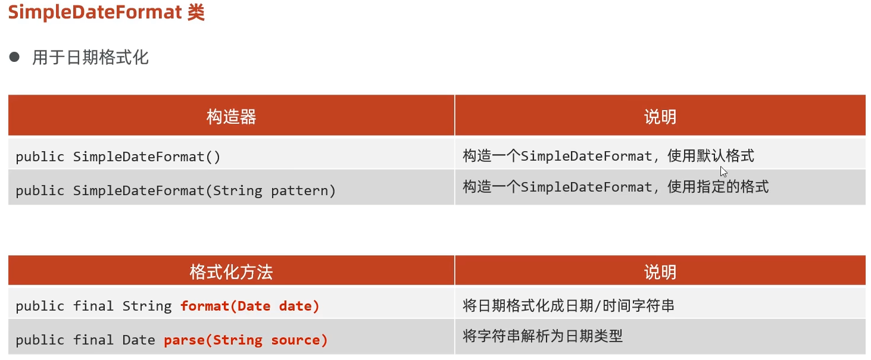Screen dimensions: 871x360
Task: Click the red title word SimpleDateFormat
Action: click(x=95, y=12)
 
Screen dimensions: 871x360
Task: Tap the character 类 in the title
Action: click(x=196, y=12)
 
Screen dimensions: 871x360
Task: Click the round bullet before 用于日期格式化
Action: click(x=14, y=57)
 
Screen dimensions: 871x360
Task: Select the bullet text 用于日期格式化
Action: click(x=90, y=58)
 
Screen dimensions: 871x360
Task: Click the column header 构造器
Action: click(x=232, y=117)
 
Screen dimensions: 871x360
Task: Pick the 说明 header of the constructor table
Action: click(x=660, y=117)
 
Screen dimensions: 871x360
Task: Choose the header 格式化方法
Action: click(x=232, y=272)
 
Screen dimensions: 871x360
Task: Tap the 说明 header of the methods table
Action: click(x=660, y=272)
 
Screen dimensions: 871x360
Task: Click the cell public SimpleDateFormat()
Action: click(x=118, y=156)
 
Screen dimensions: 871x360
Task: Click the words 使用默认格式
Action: click(x=711, y=156)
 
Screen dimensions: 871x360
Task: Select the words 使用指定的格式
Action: click(x=718, y=187)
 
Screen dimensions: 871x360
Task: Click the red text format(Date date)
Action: click(x=249, y=306)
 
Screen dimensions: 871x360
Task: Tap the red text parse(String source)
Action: click(x=246, y=340)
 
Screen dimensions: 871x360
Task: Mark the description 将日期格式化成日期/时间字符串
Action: click(x=569, y=306)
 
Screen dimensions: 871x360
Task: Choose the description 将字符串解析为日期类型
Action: click(x=543, y=336)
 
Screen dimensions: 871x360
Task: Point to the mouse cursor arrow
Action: click(x=723, y=171)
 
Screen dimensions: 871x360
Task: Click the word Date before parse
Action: click(x=139, y=340)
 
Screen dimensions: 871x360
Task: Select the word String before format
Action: click(x=147, y=306)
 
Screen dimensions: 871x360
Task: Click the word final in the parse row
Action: click(x=93, y=340)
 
